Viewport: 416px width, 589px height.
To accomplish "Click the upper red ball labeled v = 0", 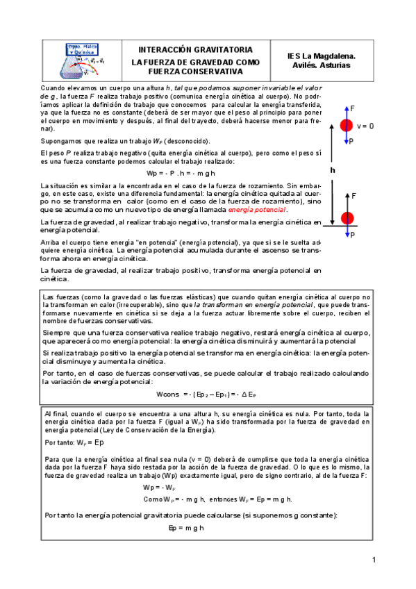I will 346,126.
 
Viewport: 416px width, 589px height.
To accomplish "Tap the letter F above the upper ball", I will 353,109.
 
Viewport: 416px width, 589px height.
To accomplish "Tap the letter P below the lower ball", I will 353,235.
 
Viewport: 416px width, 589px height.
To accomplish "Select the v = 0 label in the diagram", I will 366,126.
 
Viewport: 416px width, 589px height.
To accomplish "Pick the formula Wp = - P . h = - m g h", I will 181,172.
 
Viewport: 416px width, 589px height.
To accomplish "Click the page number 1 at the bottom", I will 373,560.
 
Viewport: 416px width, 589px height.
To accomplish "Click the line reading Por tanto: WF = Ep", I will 74,442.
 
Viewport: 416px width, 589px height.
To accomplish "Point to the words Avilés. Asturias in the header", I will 322,65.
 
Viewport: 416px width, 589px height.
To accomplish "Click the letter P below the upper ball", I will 353,141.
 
